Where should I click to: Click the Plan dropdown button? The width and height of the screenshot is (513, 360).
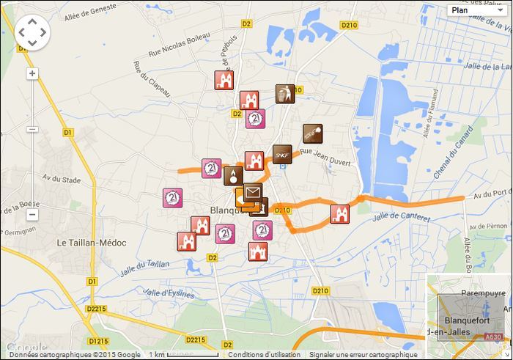tap(475, 10)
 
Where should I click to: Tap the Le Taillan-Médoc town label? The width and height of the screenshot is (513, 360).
tap(92, 242)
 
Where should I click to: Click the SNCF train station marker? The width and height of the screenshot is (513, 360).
tap(282, 155)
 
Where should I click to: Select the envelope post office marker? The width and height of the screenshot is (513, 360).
tap(253, 193)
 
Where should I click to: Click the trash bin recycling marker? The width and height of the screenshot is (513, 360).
tap(284, 94)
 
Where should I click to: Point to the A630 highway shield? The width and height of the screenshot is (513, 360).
tap(495, 337)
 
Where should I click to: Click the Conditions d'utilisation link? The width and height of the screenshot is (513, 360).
tap(264, 355)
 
